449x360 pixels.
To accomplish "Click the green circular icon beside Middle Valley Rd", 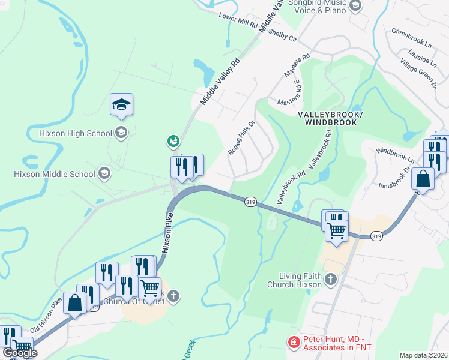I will click(x=173, y=141).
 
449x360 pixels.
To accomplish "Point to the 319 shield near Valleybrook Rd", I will click(x=251, y=203).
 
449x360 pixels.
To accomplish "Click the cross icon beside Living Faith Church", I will click(x=330, y=279).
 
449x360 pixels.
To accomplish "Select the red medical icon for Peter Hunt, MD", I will click(x=294, y=342).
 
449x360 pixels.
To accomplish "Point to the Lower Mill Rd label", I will click(x=238, y=22).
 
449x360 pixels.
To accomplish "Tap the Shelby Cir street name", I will click(x=283, y=34).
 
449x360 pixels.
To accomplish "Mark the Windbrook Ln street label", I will click(x=394, y=157).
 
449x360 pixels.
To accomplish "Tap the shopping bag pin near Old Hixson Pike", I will click(x=76, y=303).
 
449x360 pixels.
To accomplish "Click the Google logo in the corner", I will click(x=19, y=353).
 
